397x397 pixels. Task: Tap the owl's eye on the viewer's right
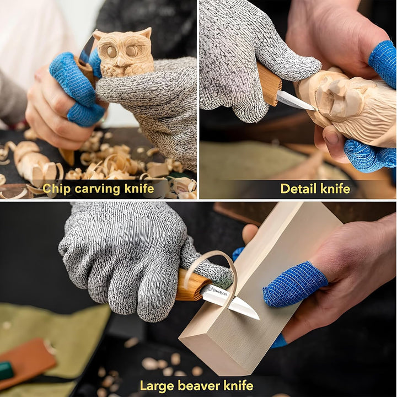click(131, 51)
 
